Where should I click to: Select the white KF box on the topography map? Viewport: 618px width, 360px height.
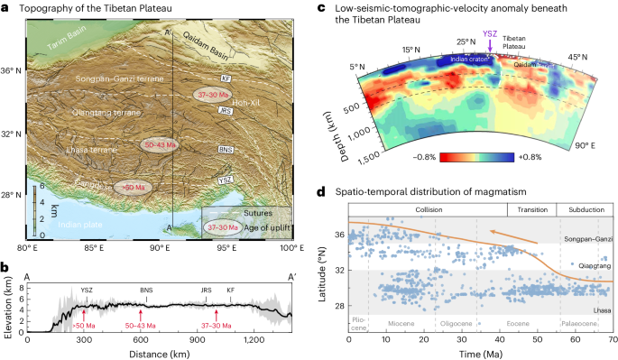click(226, 66)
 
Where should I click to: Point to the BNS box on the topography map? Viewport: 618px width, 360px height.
click(225, 149)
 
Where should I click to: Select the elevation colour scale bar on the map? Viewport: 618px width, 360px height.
click(35, 207)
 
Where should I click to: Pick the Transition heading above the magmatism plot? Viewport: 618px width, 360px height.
click(533, 209)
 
